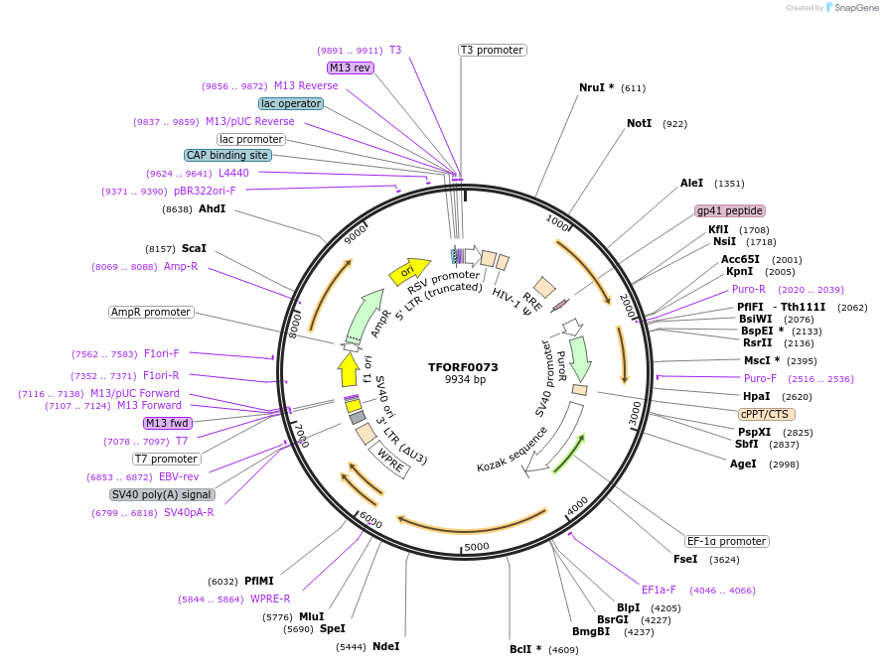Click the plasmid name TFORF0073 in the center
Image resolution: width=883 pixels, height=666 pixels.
tap(463, 367)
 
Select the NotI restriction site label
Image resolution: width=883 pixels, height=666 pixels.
tap(639, 124)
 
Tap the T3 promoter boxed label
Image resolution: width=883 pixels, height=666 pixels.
tap(492, 50)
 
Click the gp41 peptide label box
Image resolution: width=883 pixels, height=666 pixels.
tap(730, 210)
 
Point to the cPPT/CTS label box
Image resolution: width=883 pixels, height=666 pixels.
tap(766, 414)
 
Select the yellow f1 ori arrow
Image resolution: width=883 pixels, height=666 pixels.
tap(349, 369)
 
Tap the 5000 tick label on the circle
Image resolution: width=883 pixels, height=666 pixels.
tap(477, 546)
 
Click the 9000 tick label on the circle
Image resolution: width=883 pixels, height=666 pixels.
tap(355, 235)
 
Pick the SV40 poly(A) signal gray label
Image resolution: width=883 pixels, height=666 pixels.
tap(162, 494)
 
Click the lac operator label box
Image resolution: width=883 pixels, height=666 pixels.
tap(290, 103)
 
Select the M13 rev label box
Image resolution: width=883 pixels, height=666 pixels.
tap(350, 67)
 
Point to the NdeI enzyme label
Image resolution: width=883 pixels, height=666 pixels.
tap(385, 646)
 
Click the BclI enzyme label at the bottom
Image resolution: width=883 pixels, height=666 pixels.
tap(525, 649)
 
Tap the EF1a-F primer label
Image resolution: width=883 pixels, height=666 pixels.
tap(659, 589)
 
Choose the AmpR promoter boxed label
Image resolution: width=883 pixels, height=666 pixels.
tap(151, 312)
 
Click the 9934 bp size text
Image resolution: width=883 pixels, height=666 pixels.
tap(465, 380)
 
